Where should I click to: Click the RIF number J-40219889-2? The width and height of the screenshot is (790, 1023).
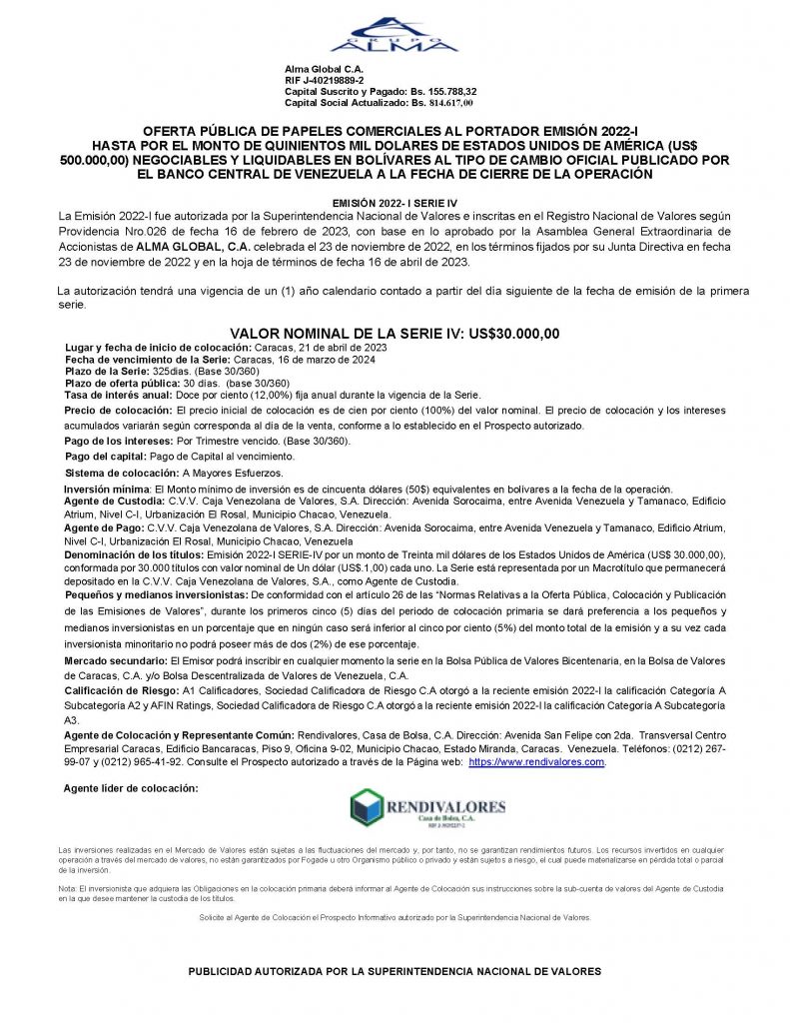pyautogui.click(x=334, y=80)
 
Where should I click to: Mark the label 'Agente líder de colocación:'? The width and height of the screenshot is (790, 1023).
pyautogui.click(x=130, y=789)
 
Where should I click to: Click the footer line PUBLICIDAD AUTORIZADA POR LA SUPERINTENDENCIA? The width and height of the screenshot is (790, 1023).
pyautogui.click(x=395, y=971)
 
